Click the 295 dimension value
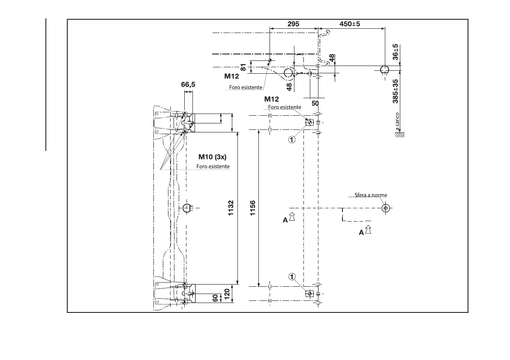(x=293, y=24)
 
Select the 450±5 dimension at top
(x=350, y=24)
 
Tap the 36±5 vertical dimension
(x=396, y=51)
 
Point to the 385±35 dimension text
(x=396, y=91)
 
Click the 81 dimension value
(x=243, y=67)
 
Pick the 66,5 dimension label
(x=188, y=85)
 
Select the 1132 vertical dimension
(x=231, y=208)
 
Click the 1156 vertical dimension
(x=252, y=208)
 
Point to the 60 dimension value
(x=216, y=298)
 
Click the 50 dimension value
(x=315, y=103)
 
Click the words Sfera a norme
(x=371, y=195)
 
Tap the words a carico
(x=398, y=122)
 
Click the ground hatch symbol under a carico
(x=400, y=135)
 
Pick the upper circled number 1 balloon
(x=292, y=139)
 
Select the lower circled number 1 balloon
(x=292, y=276)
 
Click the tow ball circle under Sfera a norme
(x=386, y=208)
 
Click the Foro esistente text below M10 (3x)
(x=213, y=166)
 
